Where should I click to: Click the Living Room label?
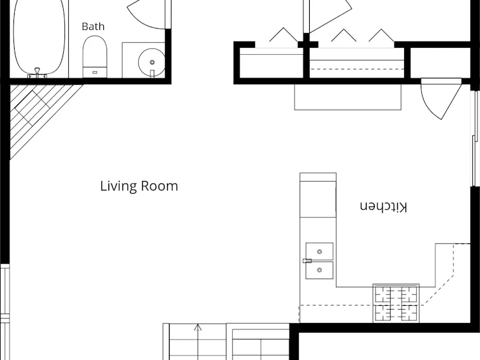click(x=139, y=186)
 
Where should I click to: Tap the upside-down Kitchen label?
click(x=384, y=207)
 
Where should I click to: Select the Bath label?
click(x=93, y=27)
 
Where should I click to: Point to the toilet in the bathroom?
click(x=95, y=57)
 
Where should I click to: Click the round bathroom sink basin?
click(x=151, y=62)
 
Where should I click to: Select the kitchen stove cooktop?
click(x=396, y=303)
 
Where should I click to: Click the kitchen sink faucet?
click(x=307, y=261)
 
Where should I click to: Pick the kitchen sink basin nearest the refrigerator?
click(x=319, y=252)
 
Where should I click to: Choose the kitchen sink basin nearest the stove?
click(x=319, y=270)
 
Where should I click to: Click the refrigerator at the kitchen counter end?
click(x=318, y=195)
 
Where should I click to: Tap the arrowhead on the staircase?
click(x=198, y=328)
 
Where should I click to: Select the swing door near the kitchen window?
click(x=441, y=99)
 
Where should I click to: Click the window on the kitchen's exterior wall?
click(x=475, y=138)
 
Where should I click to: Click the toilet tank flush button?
click(x=95, y=73)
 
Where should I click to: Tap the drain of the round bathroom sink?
click(x=152, y=62)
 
